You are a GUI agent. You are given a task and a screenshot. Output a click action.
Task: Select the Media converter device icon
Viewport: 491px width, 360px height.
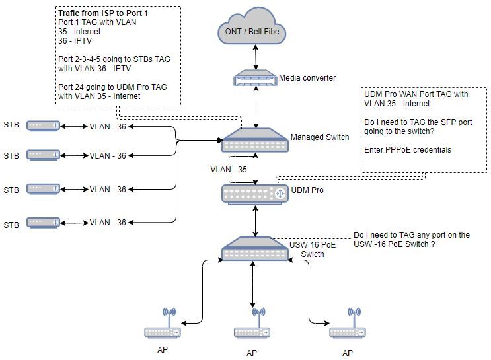point(256,80)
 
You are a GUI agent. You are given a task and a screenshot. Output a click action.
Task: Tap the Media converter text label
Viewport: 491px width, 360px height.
point(307,78)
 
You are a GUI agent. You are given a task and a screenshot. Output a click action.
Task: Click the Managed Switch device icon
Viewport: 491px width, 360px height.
point(255,141)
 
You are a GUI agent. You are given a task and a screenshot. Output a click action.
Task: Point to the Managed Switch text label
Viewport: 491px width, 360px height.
point(320,137)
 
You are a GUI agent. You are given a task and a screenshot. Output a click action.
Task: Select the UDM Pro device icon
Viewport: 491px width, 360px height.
point(255,194)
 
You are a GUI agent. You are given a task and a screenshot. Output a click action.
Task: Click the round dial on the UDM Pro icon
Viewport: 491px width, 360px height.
point(280,194)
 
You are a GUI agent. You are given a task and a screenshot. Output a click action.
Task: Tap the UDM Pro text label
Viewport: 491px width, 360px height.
point(315,190)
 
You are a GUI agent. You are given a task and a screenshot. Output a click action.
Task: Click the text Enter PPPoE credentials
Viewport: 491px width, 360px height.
point(408,150)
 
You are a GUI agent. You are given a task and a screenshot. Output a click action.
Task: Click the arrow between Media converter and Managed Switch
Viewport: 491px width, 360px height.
point(256,108)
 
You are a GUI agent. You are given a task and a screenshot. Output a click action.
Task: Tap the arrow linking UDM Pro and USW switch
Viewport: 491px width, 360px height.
point(256,221)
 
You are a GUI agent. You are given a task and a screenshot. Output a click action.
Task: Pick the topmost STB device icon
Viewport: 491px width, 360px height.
point(44,125)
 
